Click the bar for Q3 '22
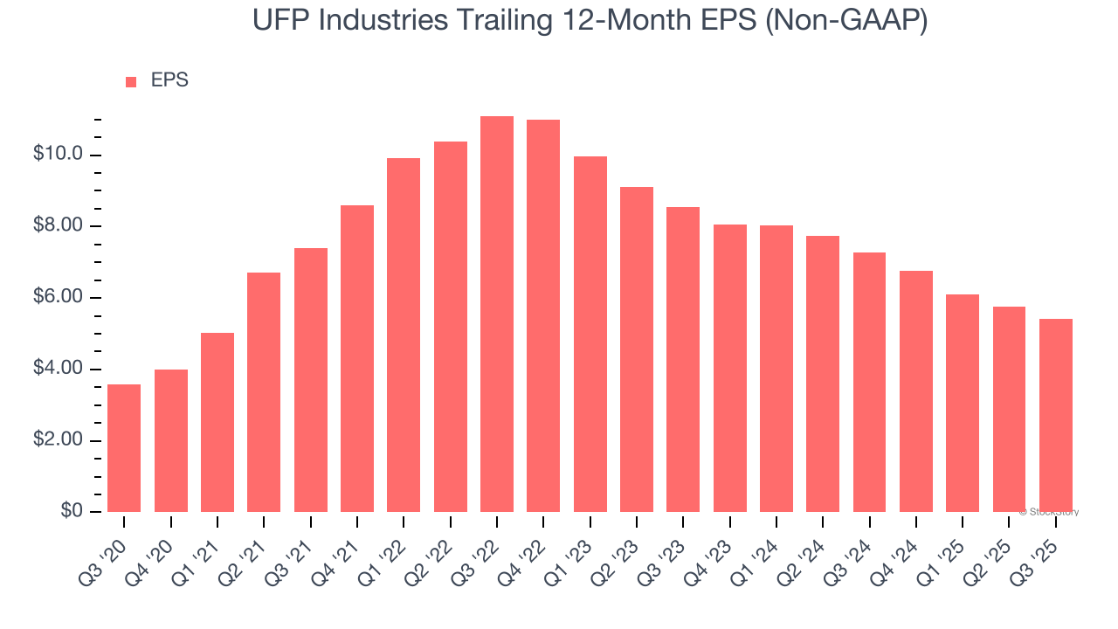pyautogui.click(x=497, y=314)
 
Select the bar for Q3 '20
pyautogui.click(x=124, y=447)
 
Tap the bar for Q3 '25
pyautogui.click(x=1055, y=415)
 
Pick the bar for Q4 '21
pyautogui.click(x=357, y=358)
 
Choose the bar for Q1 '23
pyautogui.click(x=590, y=334)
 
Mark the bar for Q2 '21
pyautogui.click(x=264, y=391)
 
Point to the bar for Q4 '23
pyautogui.click(x=729, y=368)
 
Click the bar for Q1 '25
pyautogui.click(x=963, y=403)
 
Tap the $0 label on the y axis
pyautogui.click(x=72, y=511)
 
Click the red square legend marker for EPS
pyautogui.click(x=131, y=81)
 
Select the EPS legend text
pyautogui.click(x=169, y=80)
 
